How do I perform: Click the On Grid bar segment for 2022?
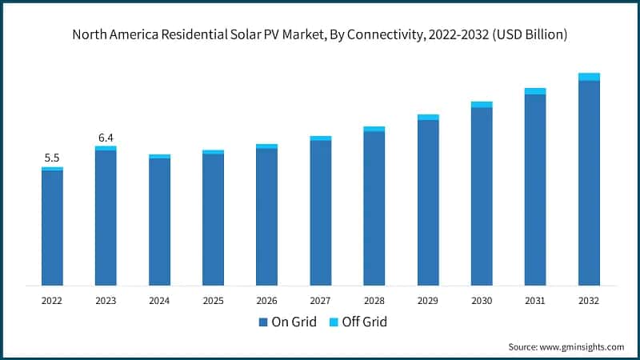[x=52, y=228]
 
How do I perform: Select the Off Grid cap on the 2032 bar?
[x=589, y=77]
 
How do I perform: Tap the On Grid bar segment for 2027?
[x=320, y=213]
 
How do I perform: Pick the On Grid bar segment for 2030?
[x=482, y=196]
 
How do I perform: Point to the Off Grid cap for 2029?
[x=428, y=117]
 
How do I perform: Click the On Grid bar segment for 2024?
[x=159, y=222]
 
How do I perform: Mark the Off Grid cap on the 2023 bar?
[x=106, y=148]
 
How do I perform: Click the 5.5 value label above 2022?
[x=52, y=158]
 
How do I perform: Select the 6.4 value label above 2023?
[x=106, y=137]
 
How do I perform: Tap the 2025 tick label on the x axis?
[x=213, y=301]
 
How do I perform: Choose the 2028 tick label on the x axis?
[x=374, y=301]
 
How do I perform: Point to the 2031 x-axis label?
[x=535, y=301]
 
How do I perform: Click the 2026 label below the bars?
[x=266, y=301]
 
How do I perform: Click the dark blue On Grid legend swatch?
[x=263, y=322]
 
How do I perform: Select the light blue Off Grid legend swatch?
[x=334, y=322]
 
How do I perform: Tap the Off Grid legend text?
[x=364, y=322]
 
